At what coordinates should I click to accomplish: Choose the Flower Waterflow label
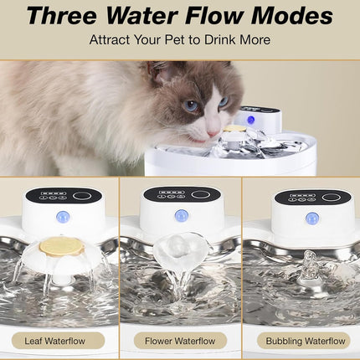[180, 340]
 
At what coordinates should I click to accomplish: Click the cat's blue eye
[193, 105]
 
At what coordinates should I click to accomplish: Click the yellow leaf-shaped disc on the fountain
[63, 246]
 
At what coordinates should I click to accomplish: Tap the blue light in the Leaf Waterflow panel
[63, 218]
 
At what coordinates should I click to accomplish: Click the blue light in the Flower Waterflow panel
[181, 216]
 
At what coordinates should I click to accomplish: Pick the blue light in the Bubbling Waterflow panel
[311, 219]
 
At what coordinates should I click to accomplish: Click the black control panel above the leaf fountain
[63, 195]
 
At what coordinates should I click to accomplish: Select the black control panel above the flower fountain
[181, 193]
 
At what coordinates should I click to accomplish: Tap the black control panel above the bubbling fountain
[312, 198]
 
